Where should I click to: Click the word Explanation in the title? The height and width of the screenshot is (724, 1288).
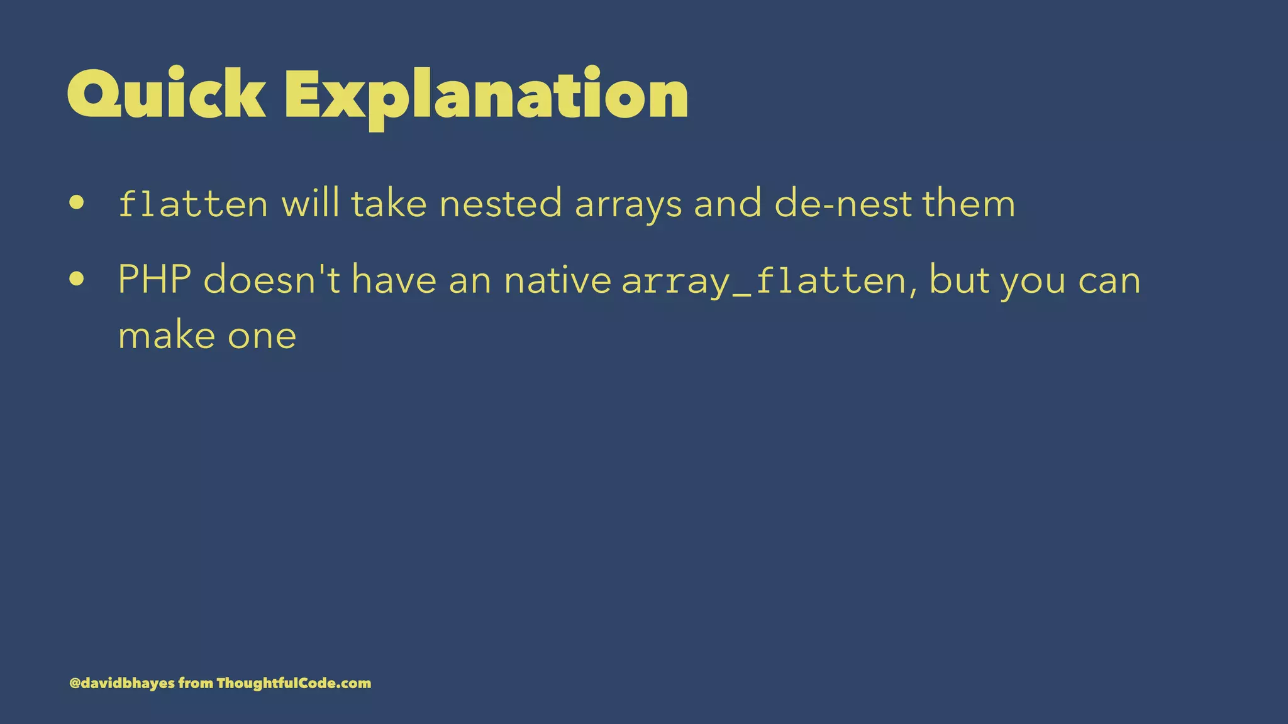click(486, 94)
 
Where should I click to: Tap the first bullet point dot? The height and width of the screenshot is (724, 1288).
click(77, 203)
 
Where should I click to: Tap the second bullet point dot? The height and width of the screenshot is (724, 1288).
click(77, 279)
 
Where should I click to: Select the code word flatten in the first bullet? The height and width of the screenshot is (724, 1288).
click(193, 204)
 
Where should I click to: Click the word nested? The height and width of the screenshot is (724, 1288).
click(500, 204)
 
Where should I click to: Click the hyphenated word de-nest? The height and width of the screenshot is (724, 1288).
click(843, 204)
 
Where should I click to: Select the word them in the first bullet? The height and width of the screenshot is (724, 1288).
click(969, 204)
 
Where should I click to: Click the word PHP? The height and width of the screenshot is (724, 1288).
click(155, 280)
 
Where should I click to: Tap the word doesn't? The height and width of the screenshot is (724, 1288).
click(272, 280)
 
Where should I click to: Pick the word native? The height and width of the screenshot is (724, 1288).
click(557, 280)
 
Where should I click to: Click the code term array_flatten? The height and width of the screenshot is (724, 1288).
click(763, 281)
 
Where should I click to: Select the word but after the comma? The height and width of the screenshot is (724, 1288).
click(958, 280)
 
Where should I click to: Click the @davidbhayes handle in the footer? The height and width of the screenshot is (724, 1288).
click(122, 683)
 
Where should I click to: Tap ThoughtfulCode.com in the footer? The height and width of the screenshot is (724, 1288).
click(294, 683)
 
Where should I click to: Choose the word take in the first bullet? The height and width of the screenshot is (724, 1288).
click(389, 204)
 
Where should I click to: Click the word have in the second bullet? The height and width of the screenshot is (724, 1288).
click(394, 280)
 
